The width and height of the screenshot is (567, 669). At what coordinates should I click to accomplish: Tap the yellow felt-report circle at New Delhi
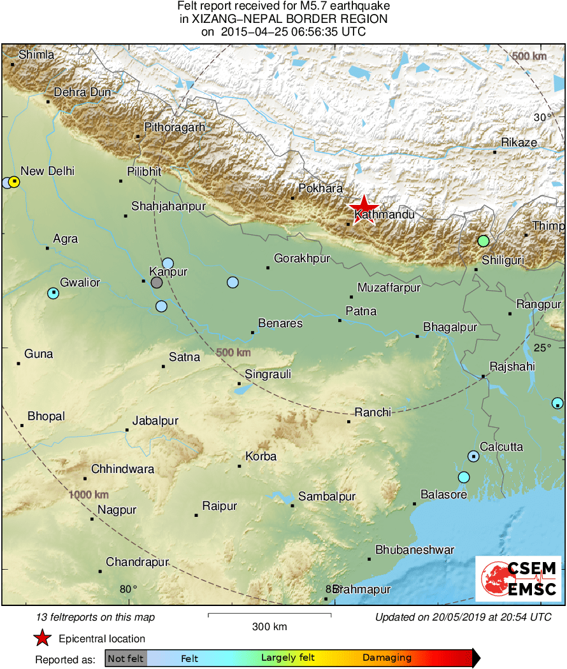[x=15, y=182]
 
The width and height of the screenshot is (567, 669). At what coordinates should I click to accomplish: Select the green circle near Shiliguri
[x=484, y=241]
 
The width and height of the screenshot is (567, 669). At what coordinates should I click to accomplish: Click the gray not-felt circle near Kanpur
[x=157, y=283]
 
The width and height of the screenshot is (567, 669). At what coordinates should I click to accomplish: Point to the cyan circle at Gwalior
[x=54, y=293]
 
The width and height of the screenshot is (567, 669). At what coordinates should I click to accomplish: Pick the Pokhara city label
[x=321, y=188]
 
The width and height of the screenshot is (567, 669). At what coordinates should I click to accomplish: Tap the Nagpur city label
[x=117, y=510]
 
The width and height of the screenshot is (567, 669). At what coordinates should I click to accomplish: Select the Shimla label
[x=36, y=55]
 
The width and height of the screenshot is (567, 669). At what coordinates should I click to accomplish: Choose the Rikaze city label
[x=519, y=143]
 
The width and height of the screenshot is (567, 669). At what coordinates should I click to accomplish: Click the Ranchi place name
[x=373, y=412]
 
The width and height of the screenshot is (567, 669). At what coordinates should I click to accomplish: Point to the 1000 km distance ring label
[x=89, y=495]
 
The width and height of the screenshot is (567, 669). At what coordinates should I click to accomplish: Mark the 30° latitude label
[x=543, y=117]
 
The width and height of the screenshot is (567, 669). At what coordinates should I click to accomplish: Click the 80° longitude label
[x=129, y=588]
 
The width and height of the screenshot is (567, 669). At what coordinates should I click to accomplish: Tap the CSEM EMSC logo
[x=519, y=578]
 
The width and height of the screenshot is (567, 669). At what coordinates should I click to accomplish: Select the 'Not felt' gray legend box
[x=126, y=658]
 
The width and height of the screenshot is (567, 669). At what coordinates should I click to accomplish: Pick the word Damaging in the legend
[x=387, y=658]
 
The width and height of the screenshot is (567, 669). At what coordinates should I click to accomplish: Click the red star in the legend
[x=42, y=638]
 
